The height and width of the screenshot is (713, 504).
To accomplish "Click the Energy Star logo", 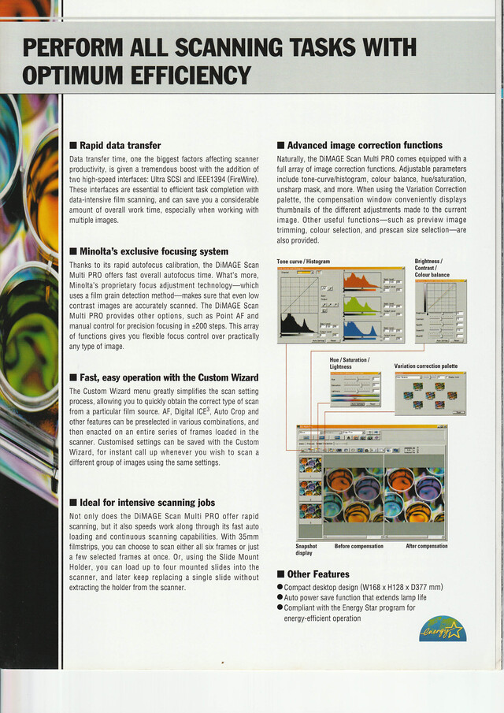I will pyautogui.click(x=442, y=629).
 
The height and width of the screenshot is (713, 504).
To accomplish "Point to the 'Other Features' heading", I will pyautogui.click(x=318, y=574).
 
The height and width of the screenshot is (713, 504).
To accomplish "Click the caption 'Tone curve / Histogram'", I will pyautogui.click(x=303, y=262).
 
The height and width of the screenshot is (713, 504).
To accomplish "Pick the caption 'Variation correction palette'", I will pyautogui.click(x=425, y=366).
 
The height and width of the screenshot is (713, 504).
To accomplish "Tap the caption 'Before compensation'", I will pyautogui.click(x=358, y=546).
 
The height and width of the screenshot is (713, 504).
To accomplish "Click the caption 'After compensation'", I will pyautogui.click(x=426, y=546).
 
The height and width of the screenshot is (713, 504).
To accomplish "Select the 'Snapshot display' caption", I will pyautogui.click(x=306, y=549).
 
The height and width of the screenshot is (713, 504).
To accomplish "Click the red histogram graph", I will pyautogui.click(x=362, y=282).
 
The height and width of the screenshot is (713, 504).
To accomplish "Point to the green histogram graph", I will pyautogui.click(x=362, y=306).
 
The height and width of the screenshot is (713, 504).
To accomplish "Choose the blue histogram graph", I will pyautogui.click(x=362, y=329).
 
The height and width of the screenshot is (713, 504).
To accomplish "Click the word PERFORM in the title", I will pyautogui.click(x=76, y=47).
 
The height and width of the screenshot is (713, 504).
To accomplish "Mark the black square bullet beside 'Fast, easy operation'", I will pyautogui.click(x=72, y=377).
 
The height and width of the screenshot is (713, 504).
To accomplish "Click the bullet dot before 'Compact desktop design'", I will pyautogui.click(x=280, y=588).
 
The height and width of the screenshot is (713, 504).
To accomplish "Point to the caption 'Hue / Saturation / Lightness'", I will pyautogui.click(x=350, y=363).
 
